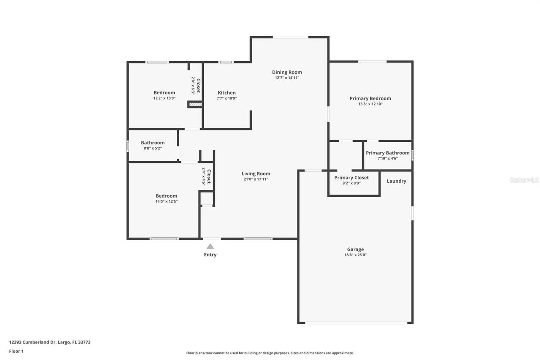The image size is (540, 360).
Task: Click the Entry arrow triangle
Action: click(x=210, y=246)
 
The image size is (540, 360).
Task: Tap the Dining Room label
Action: click(x=287, y=72)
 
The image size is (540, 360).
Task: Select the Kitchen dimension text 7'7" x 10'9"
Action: click(x=227, y=98)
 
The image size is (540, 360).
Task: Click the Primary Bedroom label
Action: click(x=370, y=98)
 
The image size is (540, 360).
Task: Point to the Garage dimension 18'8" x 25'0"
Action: click(x=355, y=255)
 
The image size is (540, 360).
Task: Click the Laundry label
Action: click(x=396, y=181)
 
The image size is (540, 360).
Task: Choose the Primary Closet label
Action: click(x=351, y=178)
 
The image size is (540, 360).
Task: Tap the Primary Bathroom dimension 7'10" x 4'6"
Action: click(x=387, y=159)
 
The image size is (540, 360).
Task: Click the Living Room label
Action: click(x=256, y=173)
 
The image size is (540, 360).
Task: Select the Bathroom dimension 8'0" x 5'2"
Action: click(x=153, y=149)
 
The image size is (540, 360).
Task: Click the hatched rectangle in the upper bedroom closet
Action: click(x=195, y=104)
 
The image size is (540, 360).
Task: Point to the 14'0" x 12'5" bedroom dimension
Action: click(x=166, y=202)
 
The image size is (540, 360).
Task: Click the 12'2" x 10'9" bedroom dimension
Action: click(x=164, y=98)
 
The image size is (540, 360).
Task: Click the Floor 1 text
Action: click(x=16, y=351)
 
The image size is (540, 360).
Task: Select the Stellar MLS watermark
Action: click(x=524, y=180)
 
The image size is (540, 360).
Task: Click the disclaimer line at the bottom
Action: click(x=270, y=353)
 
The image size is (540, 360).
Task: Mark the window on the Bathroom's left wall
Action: click(x=127, y=146)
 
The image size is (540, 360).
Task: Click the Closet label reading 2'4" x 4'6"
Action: click(x=206, y=176)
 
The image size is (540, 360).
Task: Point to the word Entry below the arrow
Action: click(x=210, y=255)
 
